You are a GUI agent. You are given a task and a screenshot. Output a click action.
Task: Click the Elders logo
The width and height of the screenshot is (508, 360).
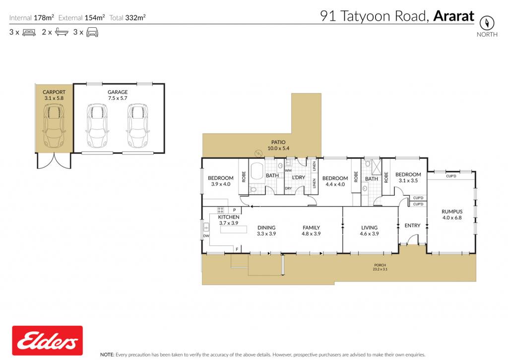pyautogui.click(x=47, y=341)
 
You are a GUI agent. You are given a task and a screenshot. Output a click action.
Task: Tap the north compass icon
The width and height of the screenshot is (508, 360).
pyautogui.click(x=487, y=22)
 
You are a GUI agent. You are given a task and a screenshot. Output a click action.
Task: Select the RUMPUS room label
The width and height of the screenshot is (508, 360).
pyautogui.click(x=452, y=212)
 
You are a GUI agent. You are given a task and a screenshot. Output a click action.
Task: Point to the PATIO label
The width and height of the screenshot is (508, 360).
pyautogui.click(x=278, y=142)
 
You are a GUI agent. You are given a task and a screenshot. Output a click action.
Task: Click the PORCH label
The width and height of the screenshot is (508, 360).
pyautogui.click(x=380, y=265)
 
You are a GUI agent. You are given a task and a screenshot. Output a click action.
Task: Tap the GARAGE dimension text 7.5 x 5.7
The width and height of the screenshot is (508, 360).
pyautogui.click(x=118, y=98)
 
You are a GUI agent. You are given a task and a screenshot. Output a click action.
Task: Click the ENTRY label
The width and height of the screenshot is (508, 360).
pyautogui.click(x=412, y=225)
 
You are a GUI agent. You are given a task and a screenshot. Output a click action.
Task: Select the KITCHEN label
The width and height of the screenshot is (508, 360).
pyautogui.click(x=229, y=217)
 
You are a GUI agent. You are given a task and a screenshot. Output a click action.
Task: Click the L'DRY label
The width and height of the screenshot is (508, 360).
pyautogui.click(x=298, y=177)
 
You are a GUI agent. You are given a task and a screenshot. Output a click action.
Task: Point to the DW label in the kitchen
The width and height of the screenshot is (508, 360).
pyautogui.click(x=206, y=236)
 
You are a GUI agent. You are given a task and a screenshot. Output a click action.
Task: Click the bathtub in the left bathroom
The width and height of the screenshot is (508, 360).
pyautogui.click(x=257, y=171)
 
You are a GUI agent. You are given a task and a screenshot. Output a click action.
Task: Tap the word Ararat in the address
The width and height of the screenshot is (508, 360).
pyautogui.click(x=453, y=16)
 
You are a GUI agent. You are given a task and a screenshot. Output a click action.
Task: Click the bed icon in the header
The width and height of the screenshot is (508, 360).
pyautogui.click(x=29, y=32)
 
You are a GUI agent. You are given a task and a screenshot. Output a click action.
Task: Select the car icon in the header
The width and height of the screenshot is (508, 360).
pyautogui.click(x=92, y=32)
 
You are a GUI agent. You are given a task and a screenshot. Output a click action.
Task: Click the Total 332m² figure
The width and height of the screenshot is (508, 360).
pyautogui.click(x=127, y=17)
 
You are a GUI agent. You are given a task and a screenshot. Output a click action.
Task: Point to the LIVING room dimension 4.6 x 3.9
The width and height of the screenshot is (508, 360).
pyautogui.click(x=369, y=233)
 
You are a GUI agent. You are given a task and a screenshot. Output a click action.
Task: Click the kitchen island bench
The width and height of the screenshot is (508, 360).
pyautogui.click(x=234, y=229)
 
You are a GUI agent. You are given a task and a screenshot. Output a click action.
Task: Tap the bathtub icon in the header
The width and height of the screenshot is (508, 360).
pyautogui.click(x=62, y=32)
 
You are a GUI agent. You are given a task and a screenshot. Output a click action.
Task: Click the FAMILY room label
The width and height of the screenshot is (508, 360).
pyautogui.click(x=312, y=228)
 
